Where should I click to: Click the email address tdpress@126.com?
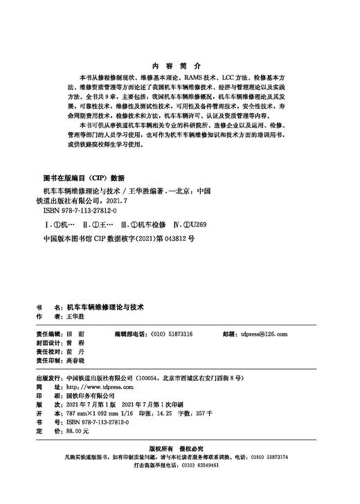[262, 334]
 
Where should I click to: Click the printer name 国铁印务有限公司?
[96, 397]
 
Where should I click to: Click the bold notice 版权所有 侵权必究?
[179, 449]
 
